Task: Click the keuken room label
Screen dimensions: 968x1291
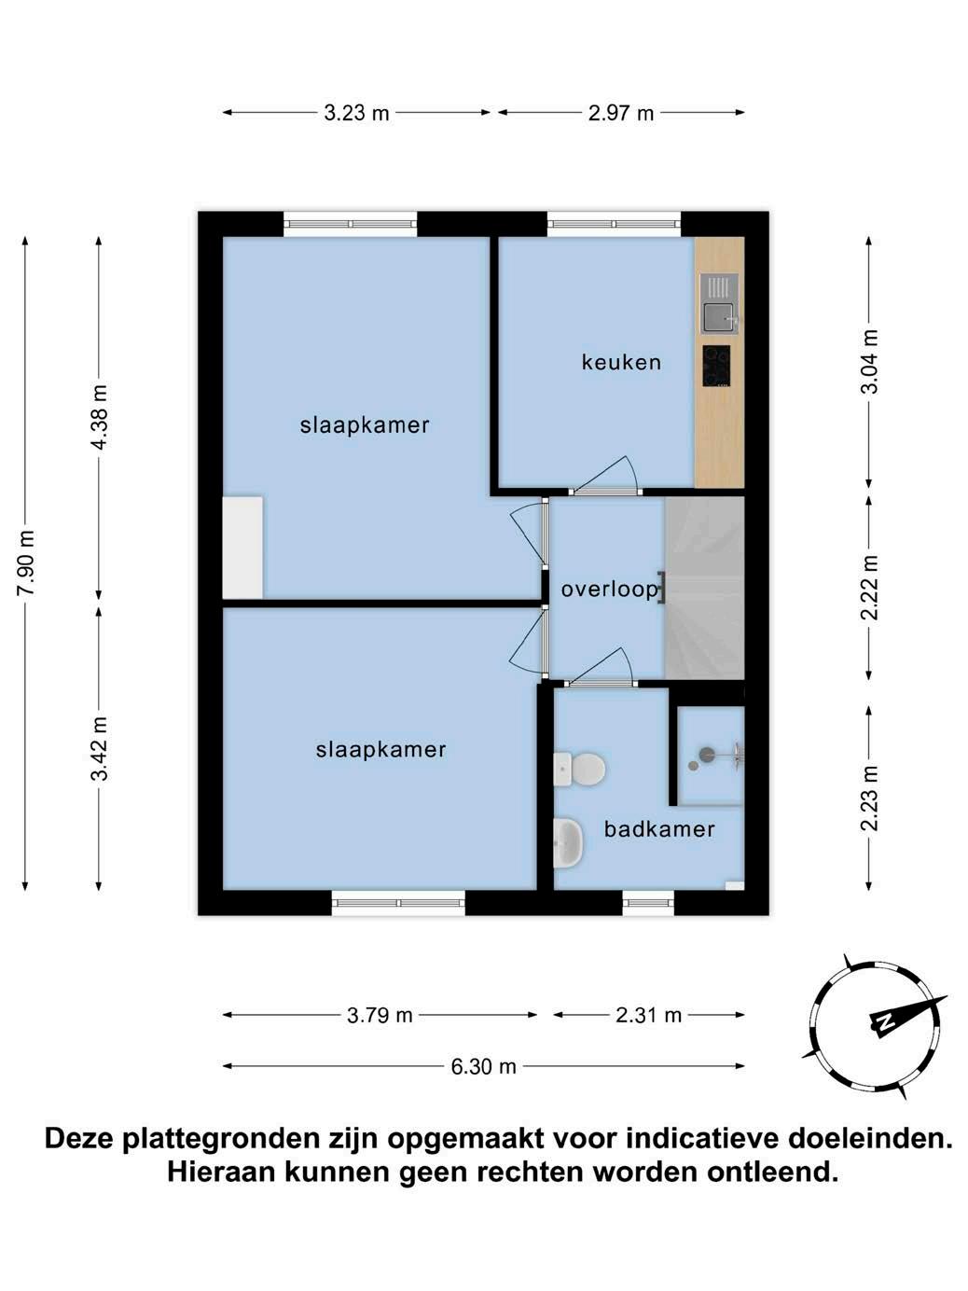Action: (x=621, y=362)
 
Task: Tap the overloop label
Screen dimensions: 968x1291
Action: (x=609, y=590)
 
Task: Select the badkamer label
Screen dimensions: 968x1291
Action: (x=658, y=829)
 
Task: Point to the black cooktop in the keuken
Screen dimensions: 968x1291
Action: (x=716, y=366)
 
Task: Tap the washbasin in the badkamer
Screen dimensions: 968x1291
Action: (x=568, y=842)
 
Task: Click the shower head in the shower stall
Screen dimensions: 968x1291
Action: (x=707, y=752)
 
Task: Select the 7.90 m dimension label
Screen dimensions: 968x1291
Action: (x=26, y=563)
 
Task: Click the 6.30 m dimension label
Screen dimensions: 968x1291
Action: (x=483, y=1066)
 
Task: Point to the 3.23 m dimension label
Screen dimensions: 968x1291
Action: (x=356, y=113)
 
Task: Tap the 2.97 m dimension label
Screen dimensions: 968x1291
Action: (x=621, y=113)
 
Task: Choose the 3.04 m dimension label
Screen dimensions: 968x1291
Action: (x=869, y=362)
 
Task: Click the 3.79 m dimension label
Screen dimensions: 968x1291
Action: (x=380, y=1016)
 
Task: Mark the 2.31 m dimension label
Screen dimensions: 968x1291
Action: (x=648, y=1015)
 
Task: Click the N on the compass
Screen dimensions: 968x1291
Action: (x=883, y=1037)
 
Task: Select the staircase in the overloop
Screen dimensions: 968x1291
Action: (x=705, y=588)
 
